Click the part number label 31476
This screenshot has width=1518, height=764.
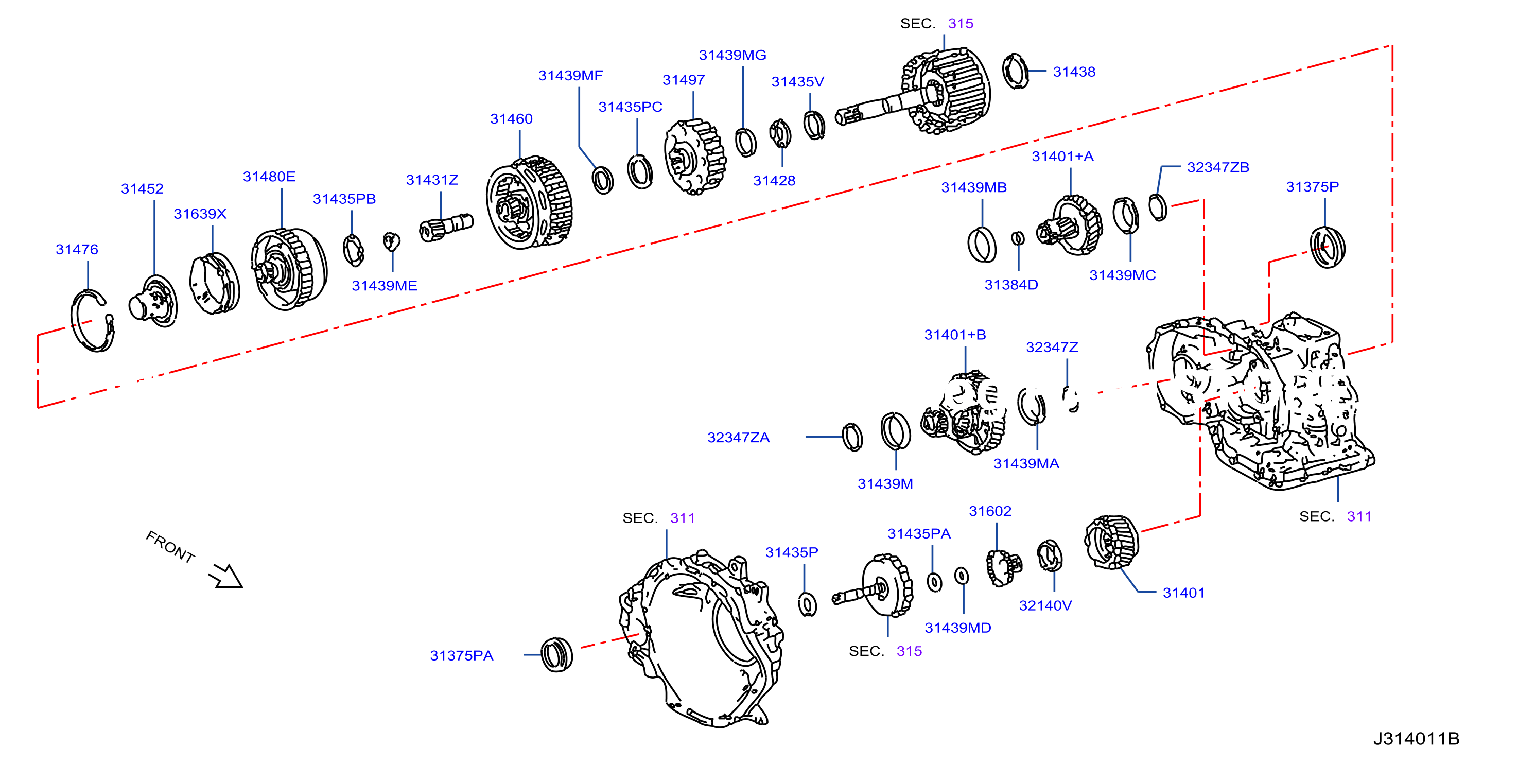coord(77,249)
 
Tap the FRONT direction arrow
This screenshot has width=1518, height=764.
coord(225,576)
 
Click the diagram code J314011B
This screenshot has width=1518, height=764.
coord(1416,739)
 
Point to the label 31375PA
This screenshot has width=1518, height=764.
coord(461,655)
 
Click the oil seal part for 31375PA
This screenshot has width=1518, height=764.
coord(556,654)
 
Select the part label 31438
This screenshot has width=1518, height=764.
coord(1074,72)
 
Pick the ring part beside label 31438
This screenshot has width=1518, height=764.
coord(1015,71)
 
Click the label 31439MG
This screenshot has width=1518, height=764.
coord(732,55)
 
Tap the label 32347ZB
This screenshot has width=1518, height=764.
coord(1217,167)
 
